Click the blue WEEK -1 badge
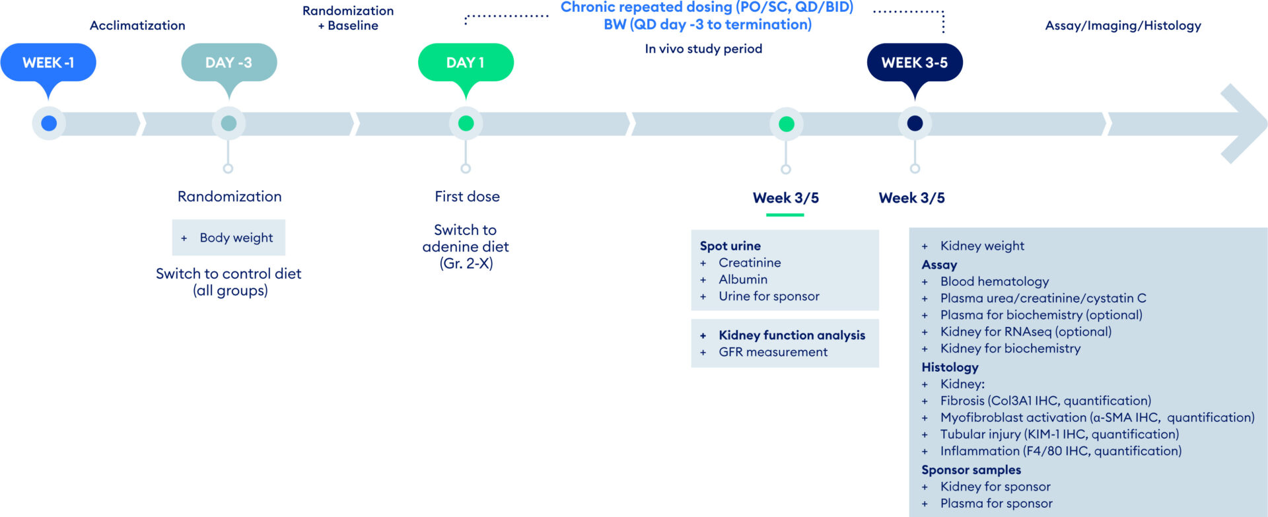click(x=48, y=63)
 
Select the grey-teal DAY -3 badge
click(x=229, y=63)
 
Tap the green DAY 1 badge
click(x=466, y=63)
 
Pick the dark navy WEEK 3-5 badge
click(x=915, y=63)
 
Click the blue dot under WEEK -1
click(x=49, y=123)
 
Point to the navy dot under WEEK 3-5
click(x=915, y=123)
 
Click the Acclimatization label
click(x=137, y=26)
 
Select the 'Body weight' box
click(x=229, y=238)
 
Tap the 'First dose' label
click(x=467, y=197)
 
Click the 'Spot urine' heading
click(x=730, y=246)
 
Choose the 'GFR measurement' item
click(x=773, y=353)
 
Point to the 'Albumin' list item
click(x=743, y=280)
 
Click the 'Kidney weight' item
click(x=982, y=246)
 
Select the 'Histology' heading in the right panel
click(x=950, y=367)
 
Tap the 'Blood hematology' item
click(x=995, y=282)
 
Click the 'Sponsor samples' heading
click(x=971, y=470)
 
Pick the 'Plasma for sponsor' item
click(x=996, y=504)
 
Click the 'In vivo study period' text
click(x=703, y=49)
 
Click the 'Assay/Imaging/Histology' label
click(x=1123, y=26)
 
